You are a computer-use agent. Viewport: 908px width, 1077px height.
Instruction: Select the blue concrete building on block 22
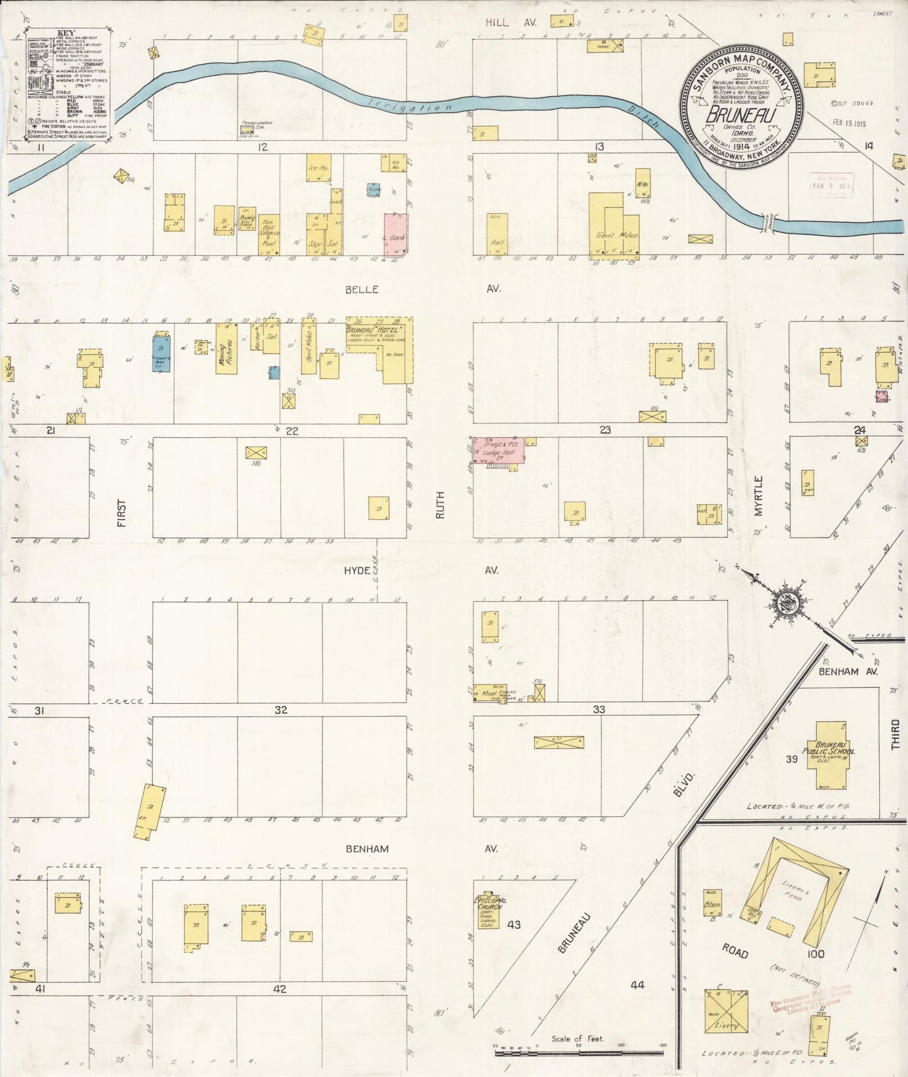pos(161,354)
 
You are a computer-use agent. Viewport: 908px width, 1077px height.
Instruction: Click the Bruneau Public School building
pos(834,754)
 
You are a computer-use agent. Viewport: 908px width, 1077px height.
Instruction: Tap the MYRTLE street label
pos(758,496)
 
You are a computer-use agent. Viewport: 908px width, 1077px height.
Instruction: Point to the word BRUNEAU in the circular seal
pos(740,116)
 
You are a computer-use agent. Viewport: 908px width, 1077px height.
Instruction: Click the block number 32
pos(280,709)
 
